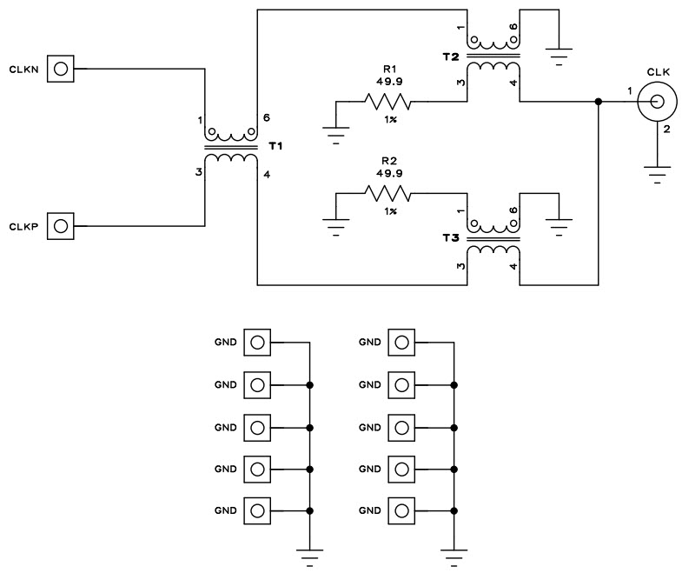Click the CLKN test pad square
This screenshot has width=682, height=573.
point(61,68)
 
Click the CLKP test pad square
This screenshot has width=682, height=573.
point(61,226)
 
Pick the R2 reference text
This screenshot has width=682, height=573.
point(389,161)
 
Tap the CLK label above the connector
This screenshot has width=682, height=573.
point(658,72)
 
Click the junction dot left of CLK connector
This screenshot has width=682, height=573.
point(599,102)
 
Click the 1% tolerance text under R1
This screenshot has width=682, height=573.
point(389,119)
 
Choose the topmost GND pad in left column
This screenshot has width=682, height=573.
point(256,343)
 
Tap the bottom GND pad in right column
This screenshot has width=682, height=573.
point(400,509)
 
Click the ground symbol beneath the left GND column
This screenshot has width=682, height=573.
point(309,555)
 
